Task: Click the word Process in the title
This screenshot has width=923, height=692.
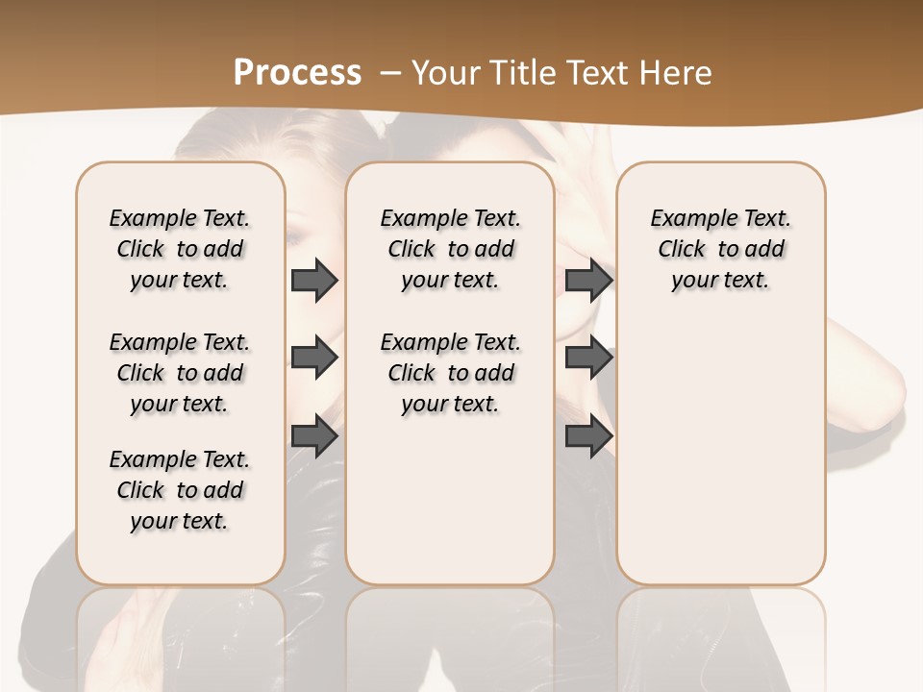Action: [297, 73]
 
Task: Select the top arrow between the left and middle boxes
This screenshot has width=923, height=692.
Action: [314, 281]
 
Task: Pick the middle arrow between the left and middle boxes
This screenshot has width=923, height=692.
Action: [314, 358]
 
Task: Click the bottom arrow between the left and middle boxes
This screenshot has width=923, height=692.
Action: [314, 436]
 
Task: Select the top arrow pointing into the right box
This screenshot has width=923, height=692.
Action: [588, 281]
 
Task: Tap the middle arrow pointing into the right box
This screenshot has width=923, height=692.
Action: [588, 358]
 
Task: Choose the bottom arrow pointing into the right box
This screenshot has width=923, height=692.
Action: [588, 436]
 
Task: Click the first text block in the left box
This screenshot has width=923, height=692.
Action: [180, 249]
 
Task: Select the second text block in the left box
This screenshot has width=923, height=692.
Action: [180, 373]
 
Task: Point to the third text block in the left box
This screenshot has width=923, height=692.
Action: [180, 490]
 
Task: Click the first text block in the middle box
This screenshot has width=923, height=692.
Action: [450, 249]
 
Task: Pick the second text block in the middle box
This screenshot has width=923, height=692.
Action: [450, 373]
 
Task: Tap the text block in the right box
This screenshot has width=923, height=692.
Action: [720, 249]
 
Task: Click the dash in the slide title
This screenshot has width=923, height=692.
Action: [390, 73]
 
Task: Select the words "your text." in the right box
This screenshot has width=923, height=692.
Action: [720, 281]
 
